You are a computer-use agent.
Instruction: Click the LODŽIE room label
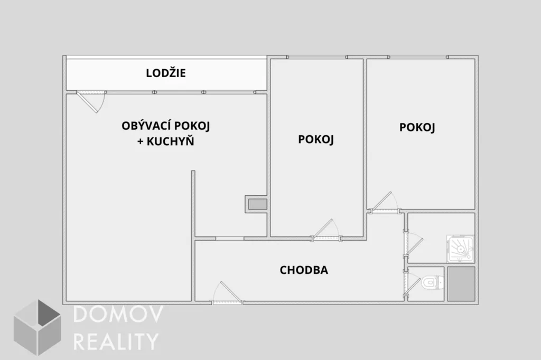pos(165,73)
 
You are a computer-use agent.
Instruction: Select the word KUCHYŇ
pos(171,141)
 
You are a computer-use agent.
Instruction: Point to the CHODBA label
pos(304,270)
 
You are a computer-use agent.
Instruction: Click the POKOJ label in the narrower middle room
pos(316,139)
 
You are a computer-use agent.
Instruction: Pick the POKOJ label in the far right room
pos(417,127)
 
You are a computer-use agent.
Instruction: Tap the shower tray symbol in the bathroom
pos(461,248)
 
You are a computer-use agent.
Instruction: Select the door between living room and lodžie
pos(91,101)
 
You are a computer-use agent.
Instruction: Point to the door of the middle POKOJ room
pos(326,230)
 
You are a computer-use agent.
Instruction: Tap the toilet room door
pos(412,282)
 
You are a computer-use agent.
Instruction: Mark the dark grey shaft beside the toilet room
pos(461,284)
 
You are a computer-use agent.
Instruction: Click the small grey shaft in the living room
pos(258,204)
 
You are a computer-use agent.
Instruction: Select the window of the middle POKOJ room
pos(317,57)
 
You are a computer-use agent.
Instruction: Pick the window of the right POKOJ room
pos(418,57)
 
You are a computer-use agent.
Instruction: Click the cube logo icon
pos(38,328)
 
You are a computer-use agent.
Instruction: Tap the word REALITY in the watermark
pos(116,342)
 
